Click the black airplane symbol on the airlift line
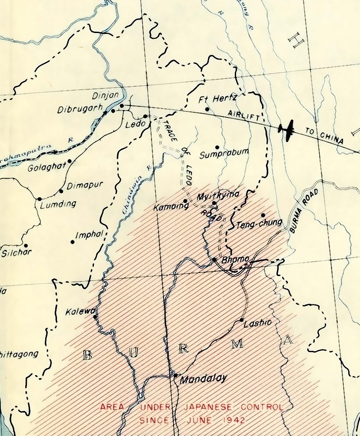coord(286,129)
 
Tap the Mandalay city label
coord(203,379)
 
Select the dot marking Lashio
coord(242,320)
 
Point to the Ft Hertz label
coord(217,99)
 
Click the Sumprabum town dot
coord(217,146)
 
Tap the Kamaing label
coord(171,207)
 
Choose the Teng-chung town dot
coord(263,215)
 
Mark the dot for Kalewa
coord(95,316)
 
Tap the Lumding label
coord(58,204)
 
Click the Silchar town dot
coord(26,246)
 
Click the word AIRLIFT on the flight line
coord(244,115)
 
